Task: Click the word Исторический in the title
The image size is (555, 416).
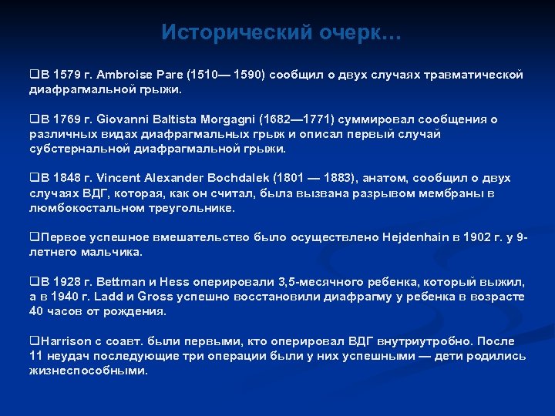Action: [227, 33]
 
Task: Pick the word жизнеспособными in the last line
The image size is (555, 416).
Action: [86, 371]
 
